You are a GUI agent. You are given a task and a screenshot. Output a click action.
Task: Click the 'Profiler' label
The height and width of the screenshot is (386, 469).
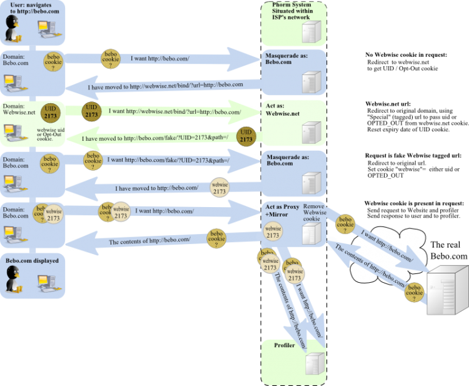click(285, 345)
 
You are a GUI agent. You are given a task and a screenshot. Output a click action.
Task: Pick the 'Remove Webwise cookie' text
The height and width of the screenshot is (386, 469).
click(315, 213)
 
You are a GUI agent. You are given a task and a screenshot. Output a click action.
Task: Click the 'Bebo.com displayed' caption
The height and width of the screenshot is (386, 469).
click(32, 260)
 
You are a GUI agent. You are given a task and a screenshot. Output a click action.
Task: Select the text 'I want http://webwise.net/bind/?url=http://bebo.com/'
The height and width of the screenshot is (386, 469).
click(174, 112)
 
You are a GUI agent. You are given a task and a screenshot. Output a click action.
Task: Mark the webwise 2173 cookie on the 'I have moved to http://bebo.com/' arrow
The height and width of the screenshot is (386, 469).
click(219, 188)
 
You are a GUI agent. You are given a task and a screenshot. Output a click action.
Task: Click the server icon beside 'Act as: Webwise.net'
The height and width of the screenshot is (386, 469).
click(310, 133)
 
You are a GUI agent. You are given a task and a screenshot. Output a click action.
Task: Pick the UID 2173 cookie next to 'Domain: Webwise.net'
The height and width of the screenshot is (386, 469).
click(51, 113)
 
